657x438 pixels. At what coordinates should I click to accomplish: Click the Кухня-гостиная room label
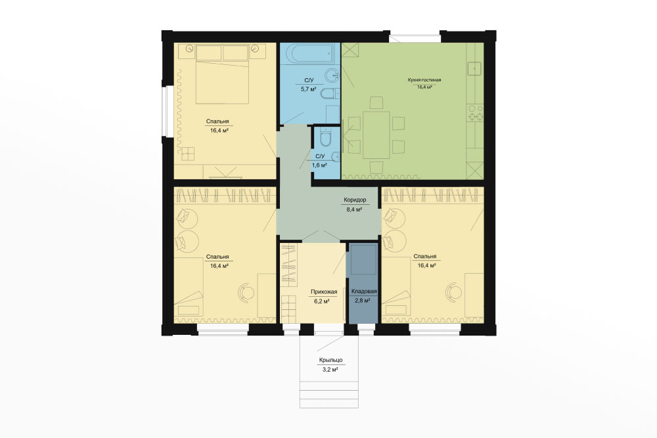424,79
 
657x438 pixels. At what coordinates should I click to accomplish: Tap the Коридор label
355,200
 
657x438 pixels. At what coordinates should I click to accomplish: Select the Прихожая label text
323,292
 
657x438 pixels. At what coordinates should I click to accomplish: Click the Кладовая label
364,292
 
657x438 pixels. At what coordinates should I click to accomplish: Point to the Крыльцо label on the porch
330,360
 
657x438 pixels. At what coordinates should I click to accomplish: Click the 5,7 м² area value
308,89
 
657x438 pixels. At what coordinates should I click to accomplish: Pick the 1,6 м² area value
319,165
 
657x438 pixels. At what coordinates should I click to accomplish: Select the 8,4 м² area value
354,209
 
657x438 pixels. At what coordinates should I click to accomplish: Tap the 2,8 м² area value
363,300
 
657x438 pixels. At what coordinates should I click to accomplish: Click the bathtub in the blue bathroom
311,54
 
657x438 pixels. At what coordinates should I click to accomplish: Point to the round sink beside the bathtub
332,76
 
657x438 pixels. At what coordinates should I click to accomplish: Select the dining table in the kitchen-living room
376,135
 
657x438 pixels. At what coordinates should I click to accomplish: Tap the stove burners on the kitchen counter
475,113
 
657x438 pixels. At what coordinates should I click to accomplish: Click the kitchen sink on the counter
475,68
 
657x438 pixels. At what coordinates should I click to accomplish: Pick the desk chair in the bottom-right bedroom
454,292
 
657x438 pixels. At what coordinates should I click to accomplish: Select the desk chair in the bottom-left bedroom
246,292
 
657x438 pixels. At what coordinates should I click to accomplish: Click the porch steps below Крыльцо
329,393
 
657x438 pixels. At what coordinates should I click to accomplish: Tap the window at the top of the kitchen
415,38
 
